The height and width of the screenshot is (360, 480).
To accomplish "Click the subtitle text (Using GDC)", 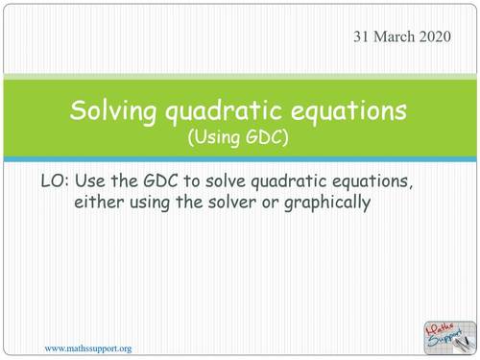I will click(239, 136).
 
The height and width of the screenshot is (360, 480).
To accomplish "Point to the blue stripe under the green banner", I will click(239, 157).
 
